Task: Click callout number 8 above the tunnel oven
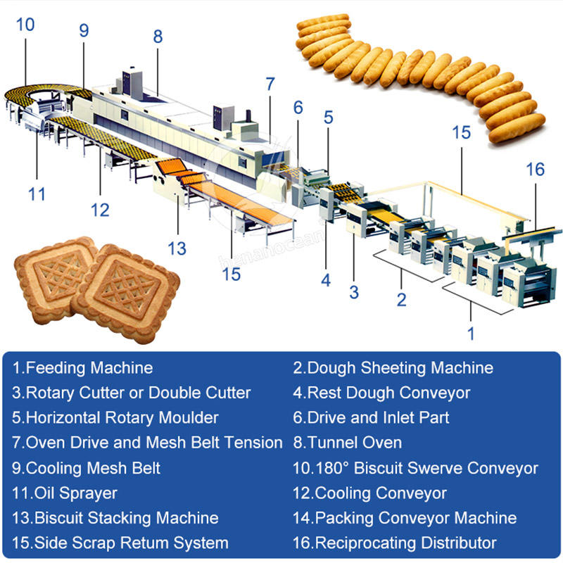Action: click(158, 36)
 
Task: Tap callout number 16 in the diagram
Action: click(535, 170)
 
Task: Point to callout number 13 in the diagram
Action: click(177, 248)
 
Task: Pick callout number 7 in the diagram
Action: click(270, 83)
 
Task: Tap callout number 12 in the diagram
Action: click(100, 209)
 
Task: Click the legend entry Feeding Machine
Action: click(82, 367)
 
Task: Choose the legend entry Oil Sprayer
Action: click(64, 493)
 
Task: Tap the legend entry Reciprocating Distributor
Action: click(395, 543)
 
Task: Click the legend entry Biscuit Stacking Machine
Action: click(115, 518)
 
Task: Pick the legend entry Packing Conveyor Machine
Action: click(405, 518)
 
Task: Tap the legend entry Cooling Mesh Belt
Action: click(86, 468)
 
